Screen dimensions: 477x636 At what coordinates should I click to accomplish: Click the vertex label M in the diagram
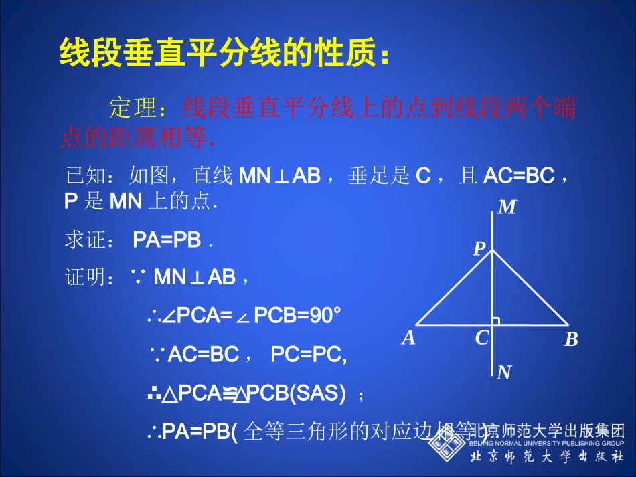tap(507, 208)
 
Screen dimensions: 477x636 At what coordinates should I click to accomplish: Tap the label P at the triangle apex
tap(479, 250)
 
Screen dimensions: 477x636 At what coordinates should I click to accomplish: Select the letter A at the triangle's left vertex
tap(408, 339)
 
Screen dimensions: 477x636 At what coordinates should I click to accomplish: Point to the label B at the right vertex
tap(571, 340)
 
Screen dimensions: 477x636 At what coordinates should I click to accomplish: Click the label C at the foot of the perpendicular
tap(482, 339)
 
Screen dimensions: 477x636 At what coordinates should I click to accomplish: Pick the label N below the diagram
tap(504, 373)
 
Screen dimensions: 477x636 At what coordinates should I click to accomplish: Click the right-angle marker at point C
tap(496, 322)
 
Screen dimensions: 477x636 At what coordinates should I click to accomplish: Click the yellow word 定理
tap(133, 108)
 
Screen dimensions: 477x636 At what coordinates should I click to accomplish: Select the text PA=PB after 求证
tap(167, 240)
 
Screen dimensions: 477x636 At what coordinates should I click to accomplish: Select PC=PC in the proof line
tap(309, 355)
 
